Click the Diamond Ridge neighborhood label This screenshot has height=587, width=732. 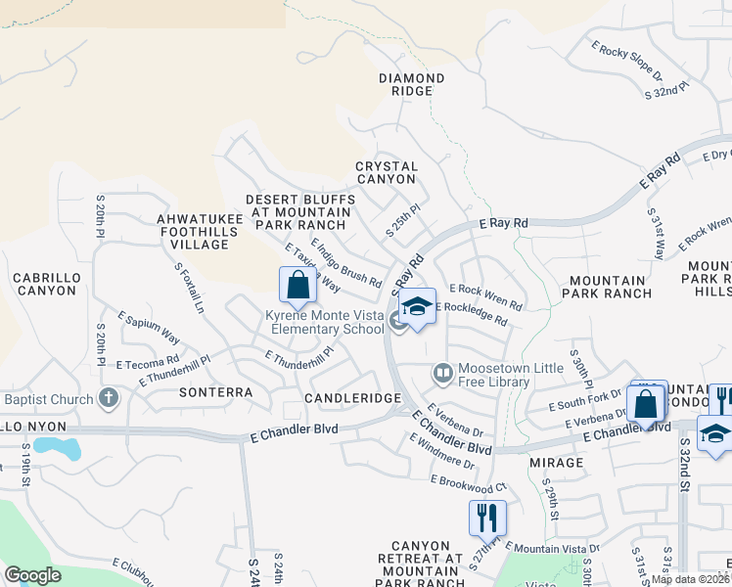click(411, 84)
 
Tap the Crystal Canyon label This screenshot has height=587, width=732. click(387, 173)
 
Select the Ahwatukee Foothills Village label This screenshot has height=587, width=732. click(193, 231)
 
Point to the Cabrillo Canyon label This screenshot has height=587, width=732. click(45, 284)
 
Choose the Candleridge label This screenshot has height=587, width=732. click(352, 399)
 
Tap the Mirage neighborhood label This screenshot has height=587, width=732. click(556, 460)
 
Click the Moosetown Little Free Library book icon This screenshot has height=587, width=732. click(442, 373)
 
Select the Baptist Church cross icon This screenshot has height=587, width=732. click(109, 398)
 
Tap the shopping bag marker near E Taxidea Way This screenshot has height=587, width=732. click(297, 286)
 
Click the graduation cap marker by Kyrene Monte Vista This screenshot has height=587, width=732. click(417, 307)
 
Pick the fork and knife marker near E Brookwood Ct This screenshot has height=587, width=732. click(487, 516)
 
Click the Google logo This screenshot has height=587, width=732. click(32, 575)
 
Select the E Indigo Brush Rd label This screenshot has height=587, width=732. click(345, 262)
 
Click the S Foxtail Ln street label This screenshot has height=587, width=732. click(189, 287)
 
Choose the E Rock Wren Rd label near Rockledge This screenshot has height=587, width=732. click(485, 296)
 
